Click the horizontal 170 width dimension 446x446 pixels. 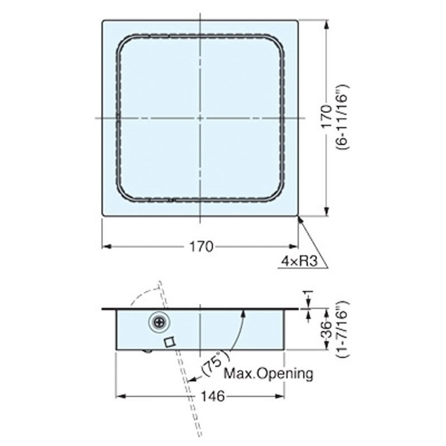pyautogui.click(x=201, y=246)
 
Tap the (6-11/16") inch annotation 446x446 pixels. pyautogui.click(x=342, y=118)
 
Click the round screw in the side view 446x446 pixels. pyautogui.click(x=160, y=322)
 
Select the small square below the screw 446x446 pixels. pyautogui.click(x=171, y=342)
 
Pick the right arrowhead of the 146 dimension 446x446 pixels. pyautogui.click(x=282, y=396)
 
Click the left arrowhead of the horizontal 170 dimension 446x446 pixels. pyautogui.click(x=105, y=246)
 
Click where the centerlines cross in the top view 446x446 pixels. pyautogui.click(x=200, y=118)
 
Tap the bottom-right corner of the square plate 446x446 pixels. pyautogui.click(x=298, y=215)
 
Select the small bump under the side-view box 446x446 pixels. pyautogui.click(x=147, y=351)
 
